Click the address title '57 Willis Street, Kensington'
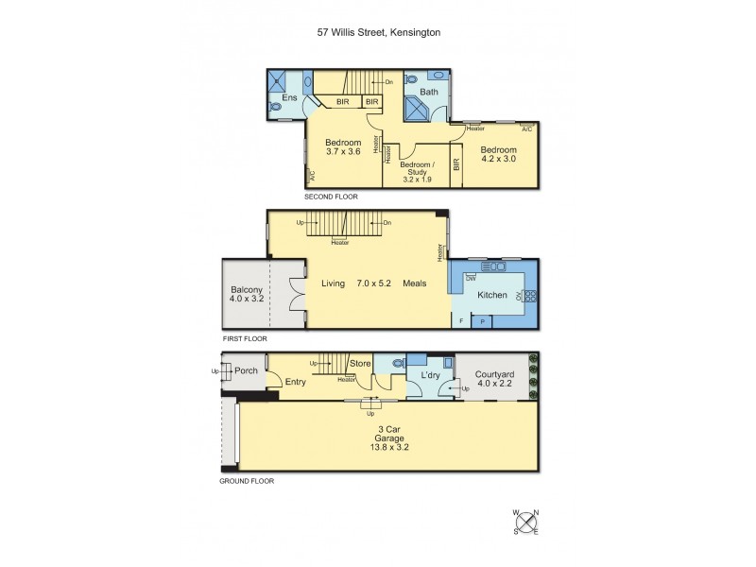click(378, 31)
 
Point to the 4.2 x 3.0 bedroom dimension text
click(498, 161)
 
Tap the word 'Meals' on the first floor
click(415, 283)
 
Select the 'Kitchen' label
click(491, 296)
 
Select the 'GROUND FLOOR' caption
click(248, 481)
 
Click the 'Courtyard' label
click(494, 373)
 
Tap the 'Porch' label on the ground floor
click(247, 369)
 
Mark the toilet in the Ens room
click(275, 108)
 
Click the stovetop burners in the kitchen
click(529, 296)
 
